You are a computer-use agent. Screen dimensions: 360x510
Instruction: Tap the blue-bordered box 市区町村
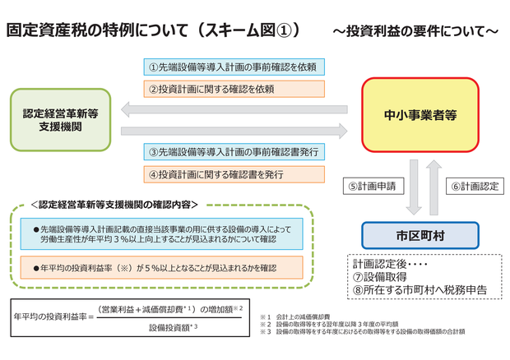tap(420, 235)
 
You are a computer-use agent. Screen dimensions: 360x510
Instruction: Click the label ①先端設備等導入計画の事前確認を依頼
tap(234, 66)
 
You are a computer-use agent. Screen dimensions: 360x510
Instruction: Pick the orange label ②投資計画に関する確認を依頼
tap(234, 88)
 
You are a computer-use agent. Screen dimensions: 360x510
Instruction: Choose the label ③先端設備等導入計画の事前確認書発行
tap(234, 152)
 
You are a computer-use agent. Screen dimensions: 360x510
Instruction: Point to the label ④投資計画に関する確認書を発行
tap(234, 174)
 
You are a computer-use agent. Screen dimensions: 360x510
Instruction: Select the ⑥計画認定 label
tap(475, 187)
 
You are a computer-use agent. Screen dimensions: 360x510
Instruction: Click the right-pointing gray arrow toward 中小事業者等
tap(234, 130)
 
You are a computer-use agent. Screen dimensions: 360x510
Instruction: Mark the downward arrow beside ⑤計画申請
tap(414, 187)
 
